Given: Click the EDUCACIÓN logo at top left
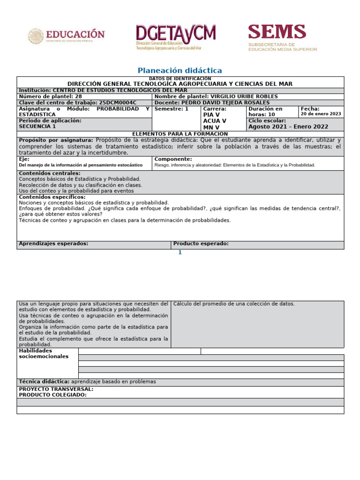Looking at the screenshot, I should click(66, 36).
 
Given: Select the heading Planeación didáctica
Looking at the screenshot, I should click(180, 70).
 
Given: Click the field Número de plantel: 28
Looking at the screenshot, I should click(50, 96).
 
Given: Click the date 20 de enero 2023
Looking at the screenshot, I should click(321, 114).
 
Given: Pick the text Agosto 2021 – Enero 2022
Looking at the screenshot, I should click(288, 127).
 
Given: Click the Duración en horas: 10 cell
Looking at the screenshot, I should click(265, 112).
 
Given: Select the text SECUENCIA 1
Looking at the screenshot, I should click(37, 126).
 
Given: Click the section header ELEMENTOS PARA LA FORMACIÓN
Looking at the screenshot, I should click(180, 134).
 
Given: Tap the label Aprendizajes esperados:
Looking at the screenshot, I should click(53, 244).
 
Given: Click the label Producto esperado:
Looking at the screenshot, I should click(201, 244).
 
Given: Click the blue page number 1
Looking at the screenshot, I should click(179, 253).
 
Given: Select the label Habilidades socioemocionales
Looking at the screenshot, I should click(44, 353).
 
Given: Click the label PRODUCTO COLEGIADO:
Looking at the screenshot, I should click(52, 395).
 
